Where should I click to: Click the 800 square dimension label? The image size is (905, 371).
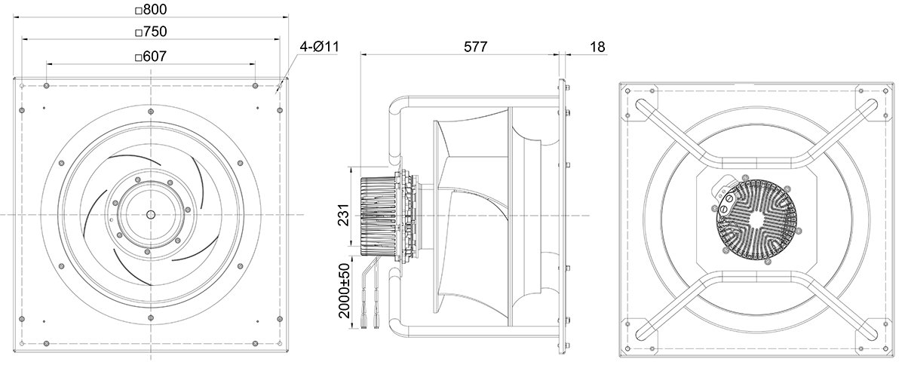click(151, 9)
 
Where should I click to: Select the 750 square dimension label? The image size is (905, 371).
click(151, 32)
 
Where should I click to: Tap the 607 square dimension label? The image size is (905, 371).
click(151, 56)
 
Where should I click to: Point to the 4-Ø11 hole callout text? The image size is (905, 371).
click(319, 47)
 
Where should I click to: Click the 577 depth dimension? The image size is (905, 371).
click(476, 47)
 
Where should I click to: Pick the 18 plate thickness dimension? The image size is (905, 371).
click(597, 48)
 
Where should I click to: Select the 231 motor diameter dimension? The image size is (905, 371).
click(343, 215)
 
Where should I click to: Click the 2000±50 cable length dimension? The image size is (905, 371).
click(344, 290)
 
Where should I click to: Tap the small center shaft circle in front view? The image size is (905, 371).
click(151, 214)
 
